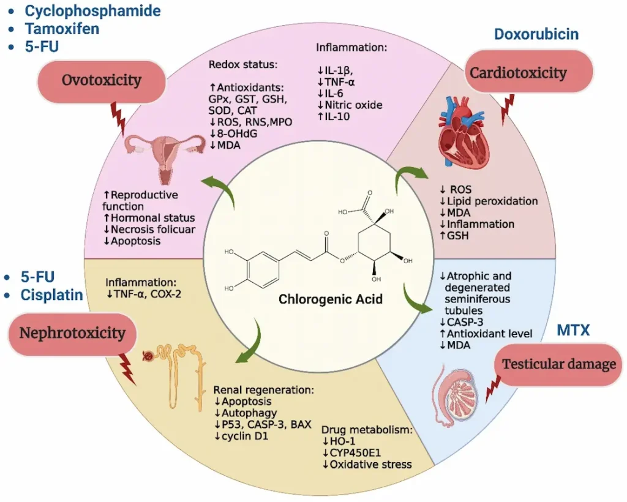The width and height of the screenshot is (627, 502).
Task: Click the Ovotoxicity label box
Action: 102,80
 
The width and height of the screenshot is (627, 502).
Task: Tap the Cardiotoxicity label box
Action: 518,73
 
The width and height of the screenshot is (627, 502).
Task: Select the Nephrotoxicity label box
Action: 72,332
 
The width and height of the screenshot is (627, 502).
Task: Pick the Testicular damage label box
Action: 558,364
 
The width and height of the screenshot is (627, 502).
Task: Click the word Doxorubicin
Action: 536,34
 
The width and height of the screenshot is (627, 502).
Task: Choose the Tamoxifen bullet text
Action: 61,28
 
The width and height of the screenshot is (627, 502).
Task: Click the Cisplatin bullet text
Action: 51,295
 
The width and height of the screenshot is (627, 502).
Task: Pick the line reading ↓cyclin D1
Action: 244,435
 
